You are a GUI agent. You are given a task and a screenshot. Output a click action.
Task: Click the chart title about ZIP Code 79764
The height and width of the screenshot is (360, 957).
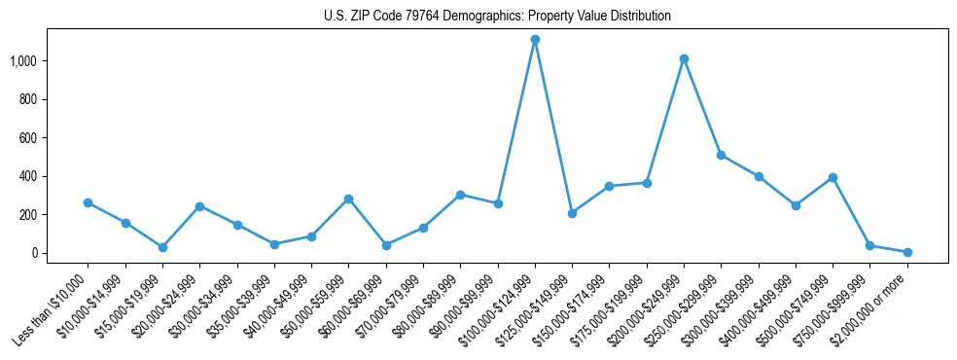pos(497,17)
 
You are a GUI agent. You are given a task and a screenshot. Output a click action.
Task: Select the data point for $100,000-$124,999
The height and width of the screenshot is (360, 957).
pos(535,40)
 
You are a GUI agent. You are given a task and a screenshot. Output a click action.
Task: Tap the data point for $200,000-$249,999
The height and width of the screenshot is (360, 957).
pos(684,59)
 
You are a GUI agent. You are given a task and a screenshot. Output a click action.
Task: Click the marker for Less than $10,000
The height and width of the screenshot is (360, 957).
pos(88,202)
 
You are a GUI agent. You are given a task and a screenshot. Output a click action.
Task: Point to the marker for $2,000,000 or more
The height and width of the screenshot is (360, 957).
pos(907,252)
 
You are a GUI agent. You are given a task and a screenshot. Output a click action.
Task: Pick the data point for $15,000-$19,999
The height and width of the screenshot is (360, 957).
pos(162,247)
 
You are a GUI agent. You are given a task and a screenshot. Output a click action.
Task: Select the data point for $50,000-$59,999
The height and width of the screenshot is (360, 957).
pos(348,198)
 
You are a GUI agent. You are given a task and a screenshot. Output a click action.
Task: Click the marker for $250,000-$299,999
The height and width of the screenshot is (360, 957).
pos(721,155)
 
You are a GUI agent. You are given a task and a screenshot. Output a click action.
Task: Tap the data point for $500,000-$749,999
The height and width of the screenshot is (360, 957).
pos(833,177)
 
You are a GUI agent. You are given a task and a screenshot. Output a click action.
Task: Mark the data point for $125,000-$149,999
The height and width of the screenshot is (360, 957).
pos(572,213)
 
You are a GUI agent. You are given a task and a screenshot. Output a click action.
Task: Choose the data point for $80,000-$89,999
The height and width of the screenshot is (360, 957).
pos(460,195)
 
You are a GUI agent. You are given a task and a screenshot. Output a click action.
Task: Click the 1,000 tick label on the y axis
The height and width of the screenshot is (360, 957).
pos(22,61)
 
